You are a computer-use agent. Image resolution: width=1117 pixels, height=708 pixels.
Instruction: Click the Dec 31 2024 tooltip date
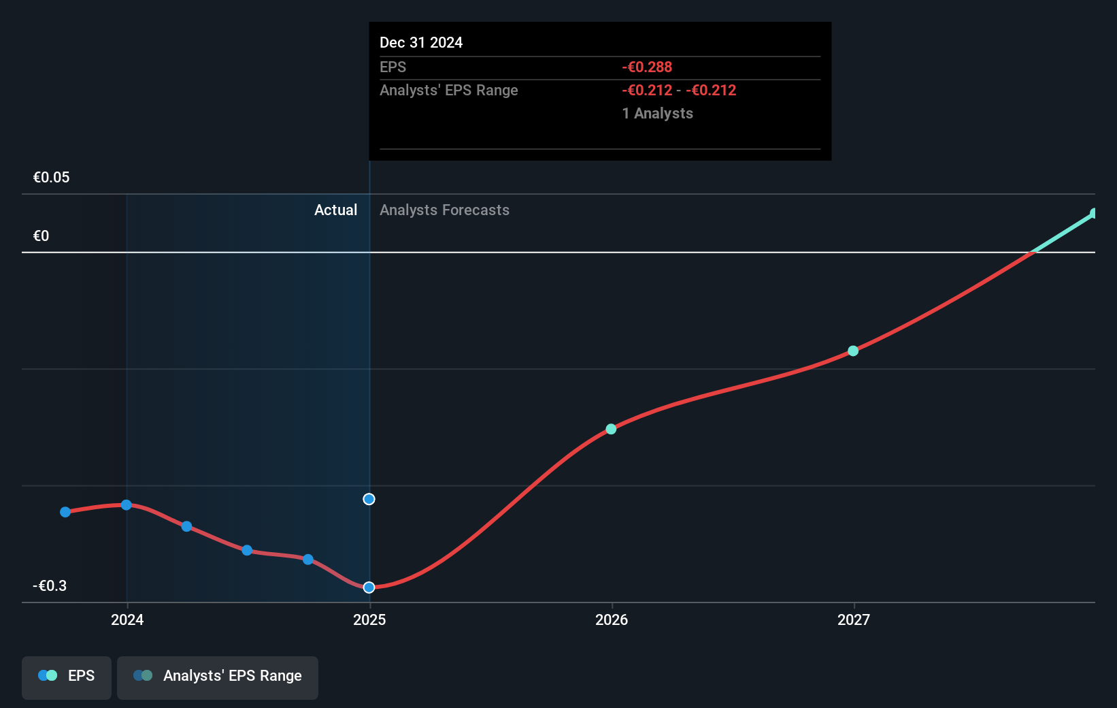click(420, 42)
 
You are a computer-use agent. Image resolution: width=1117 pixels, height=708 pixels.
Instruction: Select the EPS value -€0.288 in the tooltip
click(646, 67)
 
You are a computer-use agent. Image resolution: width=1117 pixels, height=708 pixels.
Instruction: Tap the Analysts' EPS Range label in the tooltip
click(448, 90)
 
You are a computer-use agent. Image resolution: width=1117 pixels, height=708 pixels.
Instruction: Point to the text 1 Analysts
click(657, 113)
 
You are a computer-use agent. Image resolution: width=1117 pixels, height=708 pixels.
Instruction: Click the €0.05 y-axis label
click(51, 177)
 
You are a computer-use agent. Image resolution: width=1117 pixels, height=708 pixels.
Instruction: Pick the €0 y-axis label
click(41, 236)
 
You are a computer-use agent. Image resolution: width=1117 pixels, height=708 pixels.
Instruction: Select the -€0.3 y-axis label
click(50, 585)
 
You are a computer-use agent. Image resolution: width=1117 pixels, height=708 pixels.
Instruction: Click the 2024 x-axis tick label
click(127, 619)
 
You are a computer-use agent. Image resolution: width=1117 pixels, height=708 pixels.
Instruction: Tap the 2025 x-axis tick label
click(369, 619)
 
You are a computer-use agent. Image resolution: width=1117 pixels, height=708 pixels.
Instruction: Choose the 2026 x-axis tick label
click(612, 619)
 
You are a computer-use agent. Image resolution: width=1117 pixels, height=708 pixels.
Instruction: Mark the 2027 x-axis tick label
click(854, 619)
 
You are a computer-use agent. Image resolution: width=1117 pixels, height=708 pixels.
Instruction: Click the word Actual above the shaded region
click(335, 210)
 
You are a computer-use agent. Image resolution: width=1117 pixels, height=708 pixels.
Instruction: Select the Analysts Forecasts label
click(444, 210)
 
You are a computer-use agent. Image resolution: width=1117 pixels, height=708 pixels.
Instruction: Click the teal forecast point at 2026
click(611, 429)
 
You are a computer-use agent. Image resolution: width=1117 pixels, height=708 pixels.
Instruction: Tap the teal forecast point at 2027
click(853, 351)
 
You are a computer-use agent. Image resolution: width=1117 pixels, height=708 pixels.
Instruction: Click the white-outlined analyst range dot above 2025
click(369, 499)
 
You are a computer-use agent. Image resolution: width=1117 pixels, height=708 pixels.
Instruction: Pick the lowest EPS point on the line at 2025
click(369, 587)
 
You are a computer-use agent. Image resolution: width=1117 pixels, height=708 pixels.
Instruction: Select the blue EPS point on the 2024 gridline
click(127, 504)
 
